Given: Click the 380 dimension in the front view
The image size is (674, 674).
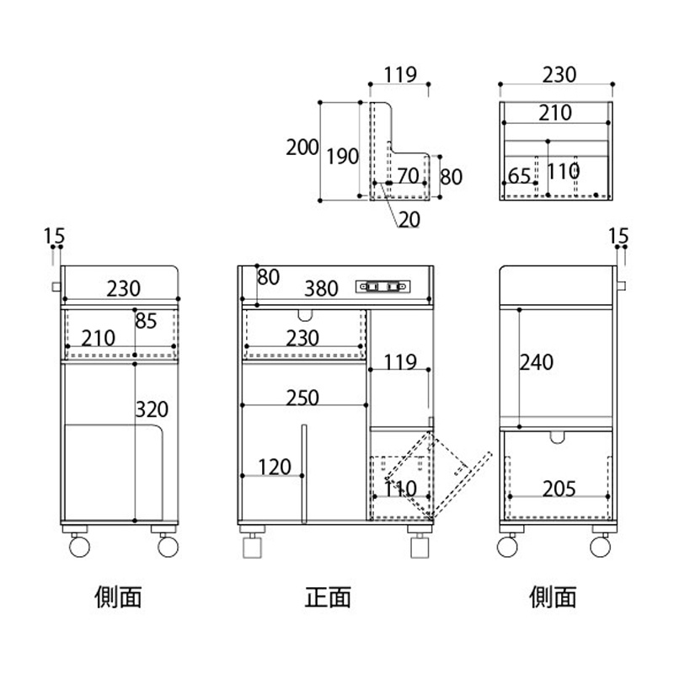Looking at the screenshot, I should pyautogui.click(x=321, y=289).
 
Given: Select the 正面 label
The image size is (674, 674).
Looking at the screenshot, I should pyautogui.click(x=327, y=597).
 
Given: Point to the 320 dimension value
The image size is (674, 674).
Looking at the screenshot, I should pyautogui.click(x=152, y=409).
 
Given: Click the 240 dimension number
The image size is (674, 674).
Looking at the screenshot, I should pyautogui.click(x=538, y=363).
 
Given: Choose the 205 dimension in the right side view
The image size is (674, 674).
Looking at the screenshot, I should pyautogui.click(x=559, y=488).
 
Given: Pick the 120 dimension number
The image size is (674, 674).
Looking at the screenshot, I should pyautogui.click(x=275, y=467).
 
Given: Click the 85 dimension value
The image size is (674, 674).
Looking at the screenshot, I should pyautogui.click(x=146, y=321).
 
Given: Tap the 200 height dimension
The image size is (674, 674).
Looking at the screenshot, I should pyautogui.click(x=302, y=148).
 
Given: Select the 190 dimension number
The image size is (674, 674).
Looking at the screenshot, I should pyautogui.click(x=343, y=156).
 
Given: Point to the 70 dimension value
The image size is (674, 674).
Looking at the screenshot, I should pyautogui.click(x=409, y=176).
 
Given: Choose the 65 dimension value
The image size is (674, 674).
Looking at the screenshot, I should pyautogui.click(x=520, y=176).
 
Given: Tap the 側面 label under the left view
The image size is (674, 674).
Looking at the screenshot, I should pyautogui.click(x=117, y=597).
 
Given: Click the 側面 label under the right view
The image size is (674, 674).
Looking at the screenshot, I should pyautogui.click(x=554, y=597).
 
